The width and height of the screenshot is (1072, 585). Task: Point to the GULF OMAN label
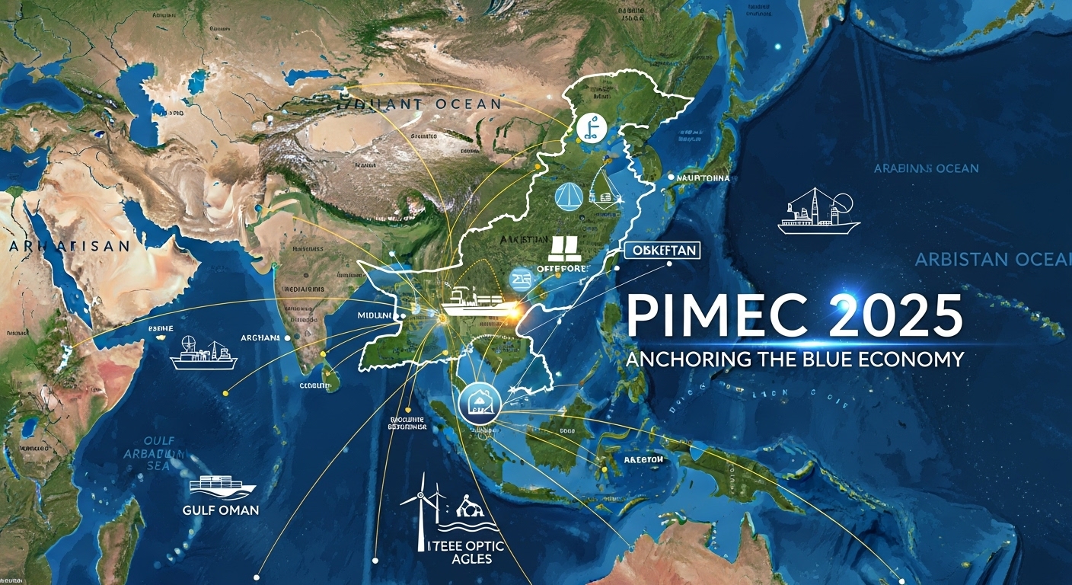pyautogui.click(x=221, y=510)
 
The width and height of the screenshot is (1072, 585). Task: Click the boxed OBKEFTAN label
pyautogui.click(x=660, y=251)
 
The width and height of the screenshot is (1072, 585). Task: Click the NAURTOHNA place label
pyautogui.click(x=703, y=178)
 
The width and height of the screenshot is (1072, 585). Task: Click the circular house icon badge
pyautogui.click(x=480, y=400)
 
